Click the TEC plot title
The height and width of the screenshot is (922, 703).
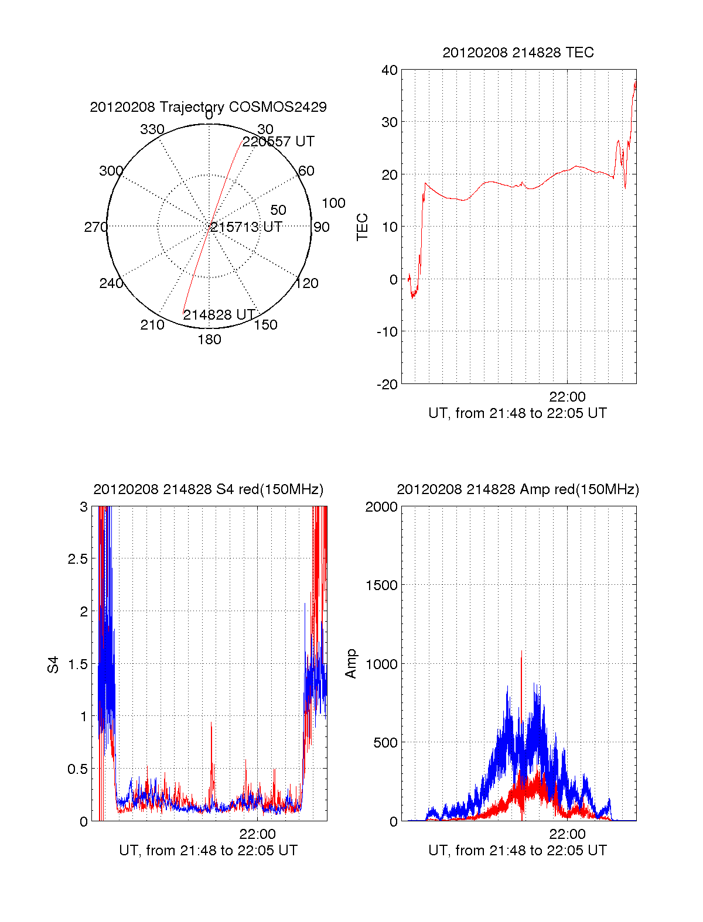[x=518, y=53]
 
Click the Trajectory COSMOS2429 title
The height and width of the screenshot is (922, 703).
[x=208, y=107]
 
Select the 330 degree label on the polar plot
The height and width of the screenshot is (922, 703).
[x=152, y=129]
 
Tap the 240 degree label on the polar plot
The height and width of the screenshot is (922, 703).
[x=111, y=283]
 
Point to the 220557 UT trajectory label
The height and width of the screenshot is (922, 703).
[x=278, y=141]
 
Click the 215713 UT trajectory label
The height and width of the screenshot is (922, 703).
[x=246, y=227]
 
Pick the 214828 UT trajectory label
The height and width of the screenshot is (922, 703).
[x=219, y=314]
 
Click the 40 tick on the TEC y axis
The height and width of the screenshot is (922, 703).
[x=389, y=70]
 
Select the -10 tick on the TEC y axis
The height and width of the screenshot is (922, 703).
[x=387, y=332]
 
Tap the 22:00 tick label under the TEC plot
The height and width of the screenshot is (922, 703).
[x=567, y=396]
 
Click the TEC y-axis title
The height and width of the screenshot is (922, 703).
[x=362, y=227]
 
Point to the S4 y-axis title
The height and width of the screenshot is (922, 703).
[x=53, y=664]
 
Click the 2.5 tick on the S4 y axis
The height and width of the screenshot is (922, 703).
[x=78, y=559]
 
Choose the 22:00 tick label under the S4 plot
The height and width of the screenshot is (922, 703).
[x=258, y=834]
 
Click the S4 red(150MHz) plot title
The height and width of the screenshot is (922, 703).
[x=209, y=489]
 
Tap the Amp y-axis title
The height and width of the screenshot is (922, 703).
[x=351, y=664]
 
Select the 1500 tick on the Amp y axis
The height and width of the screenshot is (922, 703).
[x=381, y=585]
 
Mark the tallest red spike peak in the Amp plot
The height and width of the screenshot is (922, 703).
[x=521, y=651]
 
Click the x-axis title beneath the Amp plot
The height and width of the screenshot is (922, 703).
[x=517, y=850]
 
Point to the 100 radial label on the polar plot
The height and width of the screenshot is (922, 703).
[x=333, y=203]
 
